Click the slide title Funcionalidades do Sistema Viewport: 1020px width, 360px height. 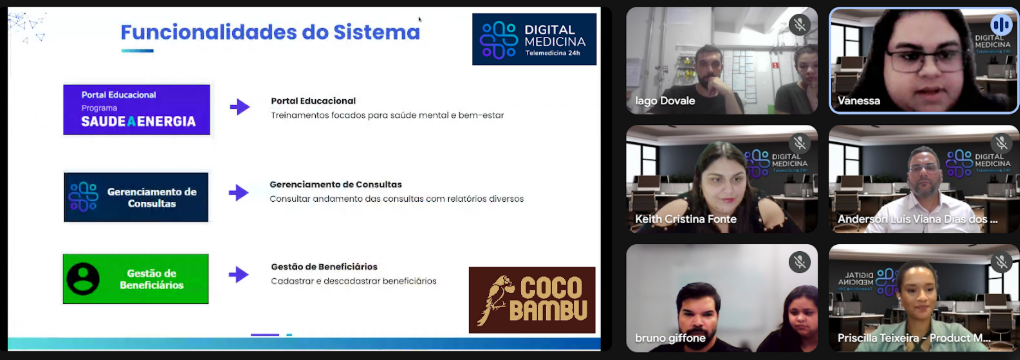270,32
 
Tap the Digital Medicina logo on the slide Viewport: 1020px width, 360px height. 534,39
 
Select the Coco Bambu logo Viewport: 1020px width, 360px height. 532,299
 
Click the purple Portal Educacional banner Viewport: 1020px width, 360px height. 137,109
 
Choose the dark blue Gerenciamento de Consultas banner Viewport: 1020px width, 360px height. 136,197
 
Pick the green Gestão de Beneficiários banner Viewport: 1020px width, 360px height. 136,279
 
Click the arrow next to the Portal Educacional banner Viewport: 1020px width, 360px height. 239,107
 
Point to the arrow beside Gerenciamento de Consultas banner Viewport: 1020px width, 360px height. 239,193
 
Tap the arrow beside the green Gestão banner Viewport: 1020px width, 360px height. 239,275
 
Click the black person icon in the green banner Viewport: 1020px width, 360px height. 83,279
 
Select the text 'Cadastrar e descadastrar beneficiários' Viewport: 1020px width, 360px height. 353,281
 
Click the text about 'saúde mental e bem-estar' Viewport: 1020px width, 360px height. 387,115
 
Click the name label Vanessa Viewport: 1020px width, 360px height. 859,101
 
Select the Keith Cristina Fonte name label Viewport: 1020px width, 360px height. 686,219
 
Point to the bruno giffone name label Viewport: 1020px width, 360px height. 671,339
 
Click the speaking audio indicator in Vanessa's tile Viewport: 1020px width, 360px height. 1001,25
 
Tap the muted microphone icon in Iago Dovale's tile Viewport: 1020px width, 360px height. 799,25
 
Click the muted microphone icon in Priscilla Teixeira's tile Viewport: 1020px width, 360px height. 1001,262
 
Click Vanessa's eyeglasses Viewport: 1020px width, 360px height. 924,61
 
